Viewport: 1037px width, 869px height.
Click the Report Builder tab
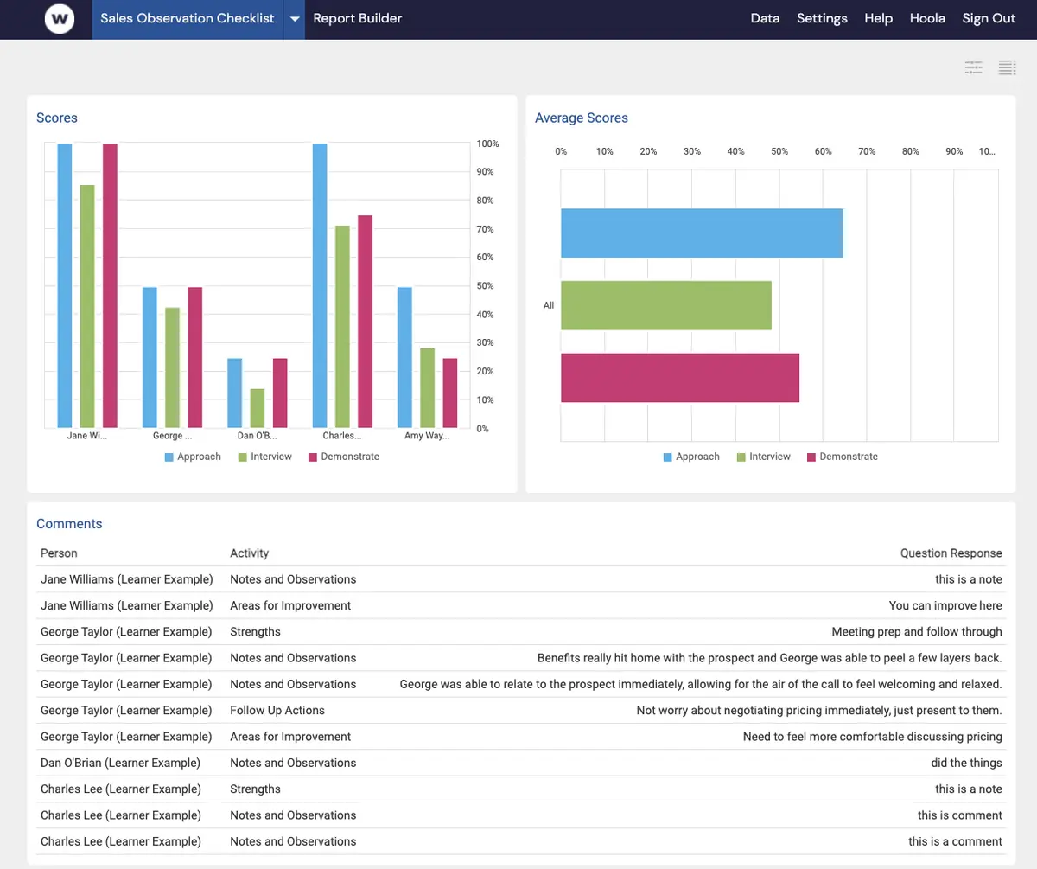point(357,18)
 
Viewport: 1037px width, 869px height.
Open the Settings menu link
point(822,19)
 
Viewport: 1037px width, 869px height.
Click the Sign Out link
point(989,19)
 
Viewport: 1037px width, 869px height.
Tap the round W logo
point(60,19)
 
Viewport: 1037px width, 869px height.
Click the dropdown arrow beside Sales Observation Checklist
point(295,19)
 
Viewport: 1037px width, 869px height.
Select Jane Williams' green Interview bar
point(87,306)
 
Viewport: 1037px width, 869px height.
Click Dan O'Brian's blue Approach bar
point(234,393)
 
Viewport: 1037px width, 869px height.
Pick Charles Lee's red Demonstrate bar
point(365,322)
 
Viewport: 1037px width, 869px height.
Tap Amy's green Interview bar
point(427,387)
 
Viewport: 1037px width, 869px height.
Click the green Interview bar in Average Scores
point(666,305)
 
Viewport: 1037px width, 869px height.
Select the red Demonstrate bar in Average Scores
point(680,378)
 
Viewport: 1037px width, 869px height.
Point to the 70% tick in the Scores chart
point(485,229)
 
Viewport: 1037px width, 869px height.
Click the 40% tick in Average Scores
point(735,151)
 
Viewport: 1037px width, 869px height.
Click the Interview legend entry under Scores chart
point(265,457)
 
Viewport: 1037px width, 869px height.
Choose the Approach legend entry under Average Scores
point(691,457)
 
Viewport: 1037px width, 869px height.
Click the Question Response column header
point(951,553)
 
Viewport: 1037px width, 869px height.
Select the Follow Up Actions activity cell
point(277,710)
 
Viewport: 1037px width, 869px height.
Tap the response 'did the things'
point(966,763)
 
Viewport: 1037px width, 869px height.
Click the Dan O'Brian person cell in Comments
point(120,763)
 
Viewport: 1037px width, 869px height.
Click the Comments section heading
point(69,524)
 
